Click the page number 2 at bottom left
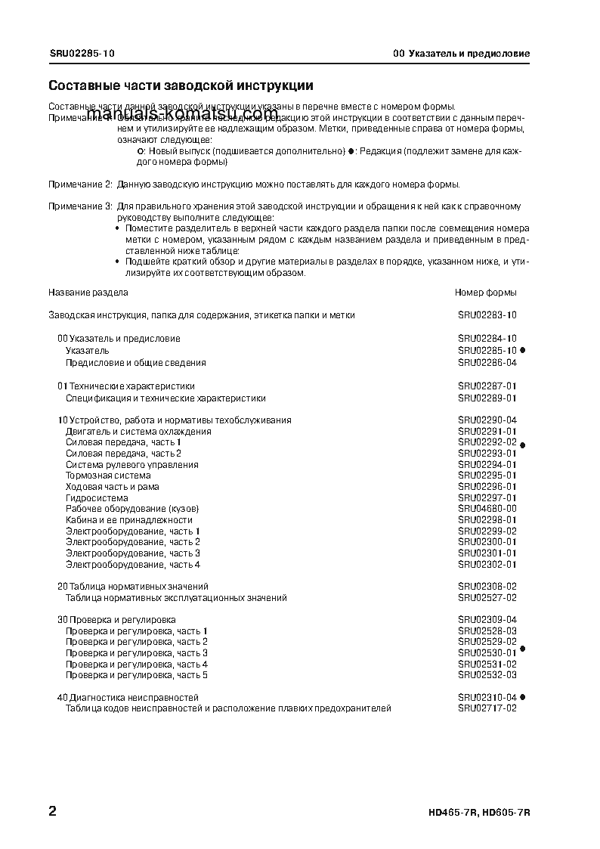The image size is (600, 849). pos(52,812)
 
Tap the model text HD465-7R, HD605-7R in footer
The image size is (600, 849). pos(479,813)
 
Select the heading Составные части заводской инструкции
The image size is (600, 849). pos(181,86)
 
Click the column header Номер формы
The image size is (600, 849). pos(486,292)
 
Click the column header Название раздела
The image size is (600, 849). pos(88,292)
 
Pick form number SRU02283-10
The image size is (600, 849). pos(487,315)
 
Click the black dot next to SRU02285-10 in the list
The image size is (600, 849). pos(523,351)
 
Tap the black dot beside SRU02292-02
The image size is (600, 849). pos(523,445)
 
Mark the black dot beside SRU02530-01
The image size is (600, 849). pos(523,649)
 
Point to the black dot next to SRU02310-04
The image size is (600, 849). pos(523,697)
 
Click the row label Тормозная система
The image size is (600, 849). pos(108,476)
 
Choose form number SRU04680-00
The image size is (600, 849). pos(487,509)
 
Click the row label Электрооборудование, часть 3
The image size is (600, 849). pos(133,553)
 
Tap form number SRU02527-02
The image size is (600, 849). pos(487,598)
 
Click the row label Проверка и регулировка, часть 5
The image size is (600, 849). pos(137,675)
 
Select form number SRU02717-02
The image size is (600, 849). pos(487,708)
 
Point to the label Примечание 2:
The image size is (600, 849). pos(81,184)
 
